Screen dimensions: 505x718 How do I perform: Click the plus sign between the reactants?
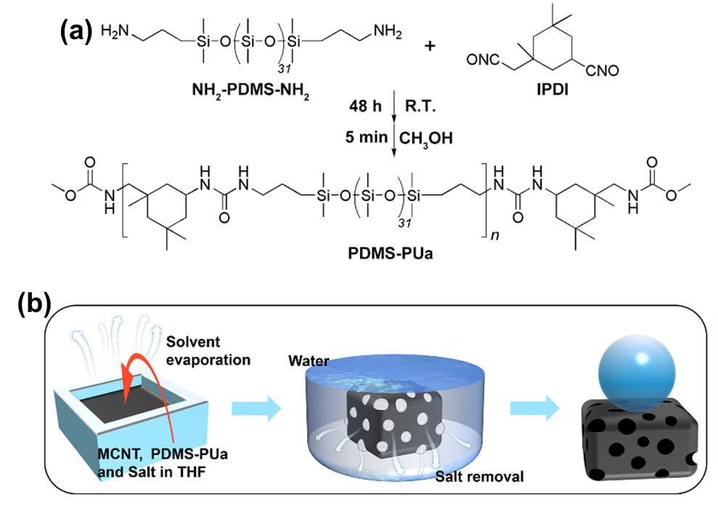431,46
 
